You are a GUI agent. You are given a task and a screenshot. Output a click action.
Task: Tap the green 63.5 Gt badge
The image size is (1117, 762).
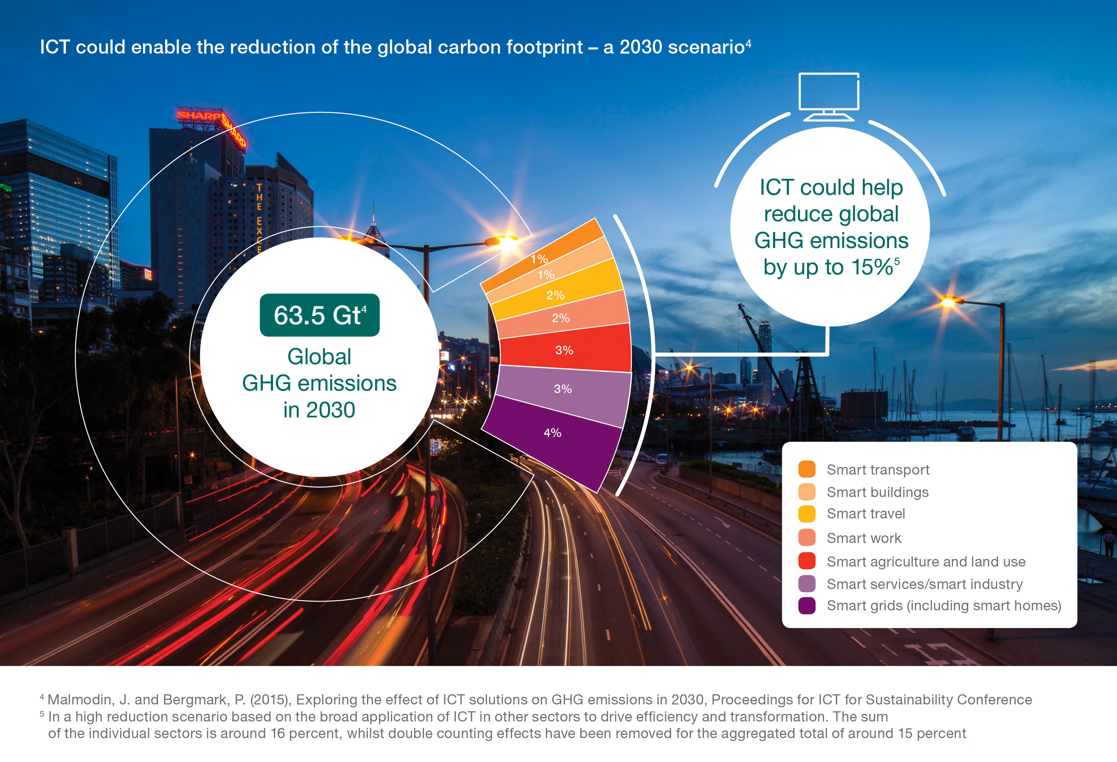[x=320, y=315]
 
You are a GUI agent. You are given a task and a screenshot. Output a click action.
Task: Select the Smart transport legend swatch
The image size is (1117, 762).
[x=806, y=469]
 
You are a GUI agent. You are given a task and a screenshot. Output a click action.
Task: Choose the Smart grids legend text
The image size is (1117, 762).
[x=944, y=605]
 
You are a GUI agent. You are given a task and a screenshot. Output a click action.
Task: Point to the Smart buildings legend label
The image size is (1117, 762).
[x=877, y=492]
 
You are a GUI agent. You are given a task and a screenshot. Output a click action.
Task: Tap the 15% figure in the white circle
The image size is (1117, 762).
[x=872, y=268]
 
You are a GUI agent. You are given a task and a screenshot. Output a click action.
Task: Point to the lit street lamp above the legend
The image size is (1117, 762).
[x=948, y=302]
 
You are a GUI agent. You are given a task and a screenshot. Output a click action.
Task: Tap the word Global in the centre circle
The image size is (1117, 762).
[x=319, y=357]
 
